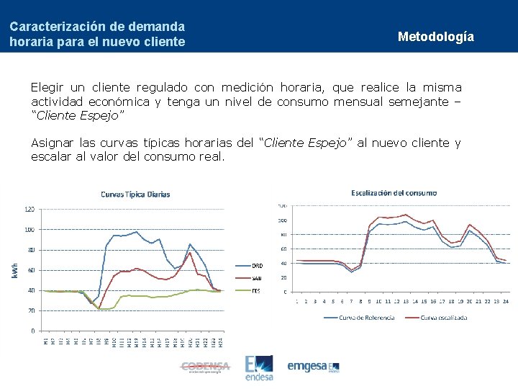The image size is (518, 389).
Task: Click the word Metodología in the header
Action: point(435,37)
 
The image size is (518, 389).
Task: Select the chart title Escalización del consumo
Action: point(394,192)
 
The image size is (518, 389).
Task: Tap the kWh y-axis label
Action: point(14,269)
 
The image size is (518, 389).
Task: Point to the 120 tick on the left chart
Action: point(29,210)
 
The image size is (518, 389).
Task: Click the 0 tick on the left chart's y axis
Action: point(32,331)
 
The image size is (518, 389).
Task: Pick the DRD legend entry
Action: point(256,264)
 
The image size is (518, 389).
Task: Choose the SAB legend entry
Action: point(256,277)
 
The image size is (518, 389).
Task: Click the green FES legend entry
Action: point(255,290)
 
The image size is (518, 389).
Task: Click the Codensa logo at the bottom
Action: point(205,367)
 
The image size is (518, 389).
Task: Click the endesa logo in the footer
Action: point(259,367)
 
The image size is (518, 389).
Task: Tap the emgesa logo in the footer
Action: point(314,366)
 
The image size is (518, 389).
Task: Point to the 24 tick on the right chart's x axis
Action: point(506,301)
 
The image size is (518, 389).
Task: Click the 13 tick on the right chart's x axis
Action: point(406,301)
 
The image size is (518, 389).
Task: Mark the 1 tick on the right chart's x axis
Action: point(297,301)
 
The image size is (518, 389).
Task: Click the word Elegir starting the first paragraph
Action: point(47,87)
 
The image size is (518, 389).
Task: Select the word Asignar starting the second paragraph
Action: point(52,143)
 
